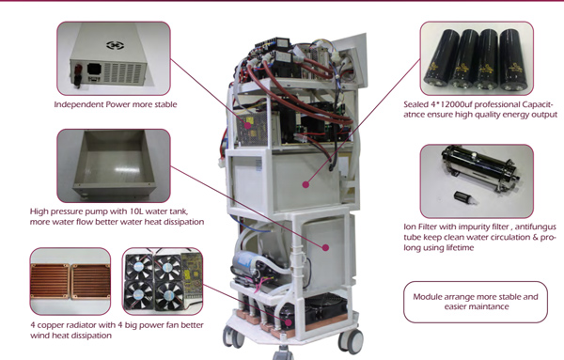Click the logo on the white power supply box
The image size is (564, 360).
coord(116,45)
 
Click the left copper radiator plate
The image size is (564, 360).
coord(50,282)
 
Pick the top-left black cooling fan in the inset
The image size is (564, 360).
coord(138,268)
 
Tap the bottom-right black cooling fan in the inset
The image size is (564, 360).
coord(167,296)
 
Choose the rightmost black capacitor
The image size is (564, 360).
coord(512,59)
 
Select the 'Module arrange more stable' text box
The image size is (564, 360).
coord(475,302)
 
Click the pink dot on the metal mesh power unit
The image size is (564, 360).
coord(247,126)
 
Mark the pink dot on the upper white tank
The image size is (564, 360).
coord(305,184)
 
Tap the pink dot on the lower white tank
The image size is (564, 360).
coord(325,247)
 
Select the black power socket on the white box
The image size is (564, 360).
coord(94,69)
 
